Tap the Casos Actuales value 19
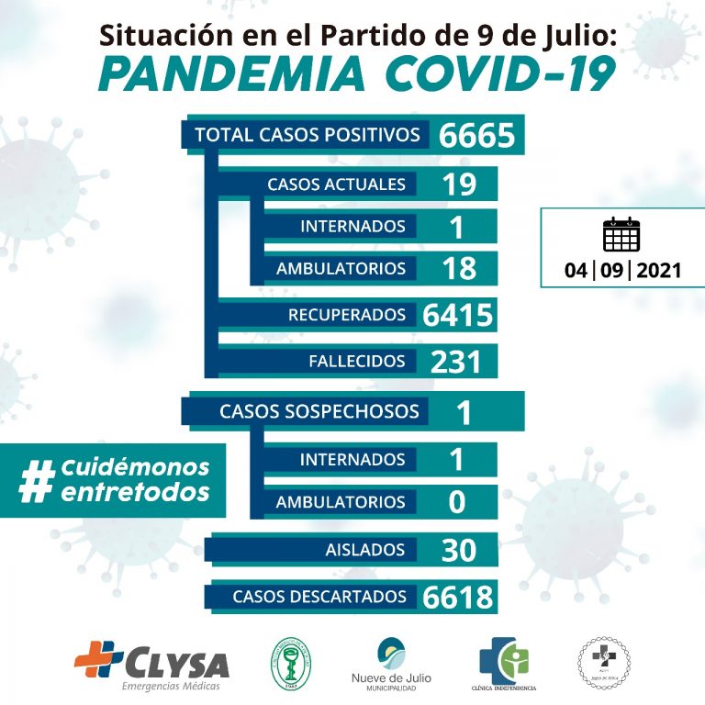458,184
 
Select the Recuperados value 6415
459,315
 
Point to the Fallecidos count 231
456,361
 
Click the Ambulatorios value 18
458,268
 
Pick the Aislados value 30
458,550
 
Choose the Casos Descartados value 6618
459,597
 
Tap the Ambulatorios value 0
458,502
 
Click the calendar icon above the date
621,235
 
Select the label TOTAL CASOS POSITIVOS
307,135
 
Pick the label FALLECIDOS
357,361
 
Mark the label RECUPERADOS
347,315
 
